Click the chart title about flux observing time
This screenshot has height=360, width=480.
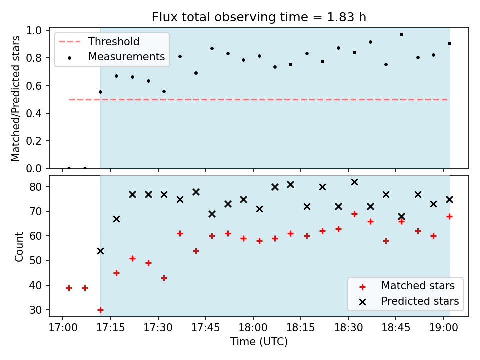coord(259,17)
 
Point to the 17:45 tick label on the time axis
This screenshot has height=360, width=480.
coord(206,328)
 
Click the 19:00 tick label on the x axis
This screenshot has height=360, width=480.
coord(444,328)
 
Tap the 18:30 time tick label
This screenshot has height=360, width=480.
coord(348,328)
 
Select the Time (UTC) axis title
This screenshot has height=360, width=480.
coord(259,341)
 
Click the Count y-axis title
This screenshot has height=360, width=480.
coord(19,246)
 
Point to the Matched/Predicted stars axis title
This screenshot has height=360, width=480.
coord(15,98)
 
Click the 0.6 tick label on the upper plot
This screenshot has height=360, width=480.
coord(34,86)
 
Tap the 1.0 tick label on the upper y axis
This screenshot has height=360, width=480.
coord(34,30)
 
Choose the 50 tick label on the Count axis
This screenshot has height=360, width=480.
coord(35,261)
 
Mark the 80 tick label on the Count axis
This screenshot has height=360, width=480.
coord(35,187)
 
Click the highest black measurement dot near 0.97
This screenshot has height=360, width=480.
coord(401,35)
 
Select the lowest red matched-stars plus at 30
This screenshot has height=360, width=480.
coord(100,310)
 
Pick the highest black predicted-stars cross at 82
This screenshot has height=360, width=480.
coord(355,182)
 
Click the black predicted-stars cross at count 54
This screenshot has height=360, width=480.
coord(100,251)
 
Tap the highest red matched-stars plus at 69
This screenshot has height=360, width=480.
coord(355,214)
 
